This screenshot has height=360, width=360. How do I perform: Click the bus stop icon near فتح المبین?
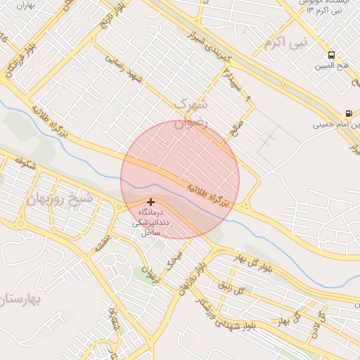(331, 55)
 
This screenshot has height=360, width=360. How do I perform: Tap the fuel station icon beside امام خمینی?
(349, 113)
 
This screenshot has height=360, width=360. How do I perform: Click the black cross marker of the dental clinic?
(150, 202)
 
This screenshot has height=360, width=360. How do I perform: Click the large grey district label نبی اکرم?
(286, 43)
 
